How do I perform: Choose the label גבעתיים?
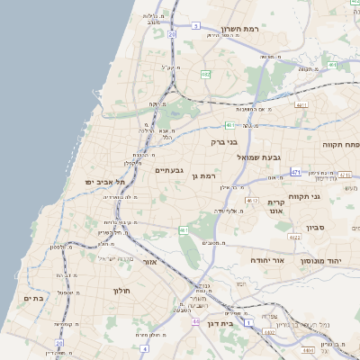pos(169,169)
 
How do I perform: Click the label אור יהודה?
pos(267,259)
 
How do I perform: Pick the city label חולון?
pos(122,291)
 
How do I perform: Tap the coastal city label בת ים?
pos(34,298)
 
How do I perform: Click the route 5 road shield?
pos(195,26)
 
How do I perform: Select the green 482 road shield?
pos(206,75)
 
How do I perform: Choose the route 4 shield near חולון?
pos(144,346)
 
